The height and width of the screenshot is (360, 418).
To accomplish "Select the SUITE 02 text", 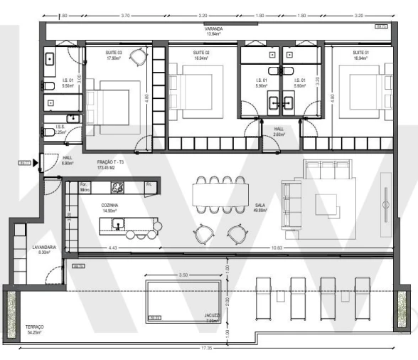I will pyautogui.click(x=201, y=53).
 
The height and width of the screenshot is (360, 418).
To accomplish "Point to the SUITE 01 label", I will pyautogui.click(x=361, y=53).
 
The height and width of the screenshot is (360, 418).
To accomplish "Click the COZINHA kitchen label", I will pyautogui.click(x=109, y=203).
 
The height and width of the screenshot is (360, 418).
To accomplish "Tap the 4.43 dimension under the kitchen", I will pyautogui.click(x=112, y=248).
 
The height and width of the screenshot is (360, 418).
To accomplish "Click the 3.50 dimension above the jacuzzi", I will pyautogui.click(x=183, y=274).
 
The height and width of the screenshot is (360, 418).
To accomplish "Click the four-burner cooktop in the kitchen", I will pyautogui.click(x=118, y=188).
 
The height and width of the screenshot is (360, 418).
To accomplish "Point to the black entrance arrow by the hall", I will pyautogui.click(x=35, y=163).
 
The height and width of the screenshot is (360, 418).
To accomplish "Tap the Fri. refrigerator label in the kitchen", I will pyautogui.click(x=149, y=185).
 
